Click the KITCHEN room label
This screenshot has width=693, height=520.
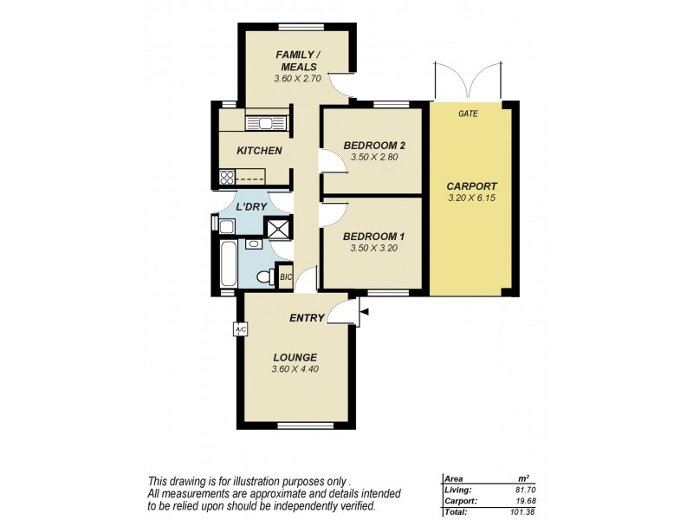(x=259, y=151)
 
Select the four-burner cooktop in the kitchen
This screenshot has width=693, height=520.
(x=228, y=178)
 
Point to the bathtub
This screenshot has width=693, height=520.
(x=228, y=265)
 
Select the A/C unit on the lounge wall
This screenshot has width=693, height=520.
(x=240, y=329)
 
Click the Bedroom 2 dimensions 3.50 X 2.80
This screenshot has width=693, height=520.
(x=373, y=158)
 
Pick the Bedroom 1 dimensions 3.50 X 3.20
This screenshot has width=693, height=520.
(x=373, y=249)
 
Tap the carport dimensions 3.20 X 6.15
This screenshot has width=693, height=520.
(x=471, y=199)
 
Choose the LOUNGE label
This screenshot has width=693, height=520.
(x=295, y=357)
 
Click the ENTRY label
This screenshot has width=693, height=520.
(x=307, y=318)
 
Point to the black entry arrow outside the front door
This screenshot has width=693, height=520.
(x=365, y=310)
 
